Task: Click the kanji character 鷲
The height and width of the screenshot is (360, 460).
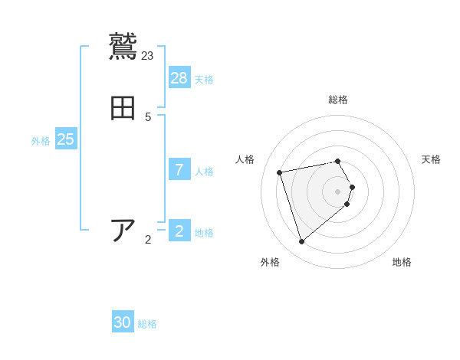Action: (x=123, y=46)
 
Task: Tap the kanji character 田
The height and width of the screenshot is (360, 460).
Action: (x=123, y=108)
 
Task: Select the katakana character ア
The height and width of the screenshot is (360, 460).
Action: (x=123, y=230)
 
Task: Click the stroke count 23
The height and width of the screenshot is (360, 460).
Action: (x=148, y=55)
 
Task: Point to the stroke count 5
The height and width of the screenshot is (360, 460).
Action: (x=148, y=117)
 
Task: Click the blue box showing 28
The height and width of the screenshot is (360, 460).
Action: (x=179, y=77)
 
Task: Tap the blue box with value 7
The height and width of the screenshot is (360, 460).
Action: (x=179, y=169)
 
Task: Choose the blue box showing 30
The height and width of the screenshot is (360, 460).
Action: (x=123, y=322)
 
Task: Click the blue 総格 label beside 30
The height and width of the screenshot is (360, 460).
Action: (x=147, y=324)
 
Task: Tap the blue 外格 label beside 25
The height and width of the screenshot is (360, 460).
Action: (x=41, y=140)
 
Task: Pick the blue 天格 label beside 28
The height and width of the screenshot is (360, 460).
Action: (x=204, y=79)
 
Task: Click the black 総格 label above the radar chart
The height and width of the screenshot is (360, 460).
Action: (x=338, y=100)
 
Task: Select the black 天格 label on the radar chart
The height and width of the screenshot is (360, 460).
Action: (x=431, y=159)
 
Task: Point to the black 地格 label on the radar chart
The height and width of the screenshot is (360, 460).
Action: (x=402, y=262)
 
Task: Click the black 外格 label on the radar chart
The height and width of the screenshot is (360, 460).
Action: (x=270, y=262)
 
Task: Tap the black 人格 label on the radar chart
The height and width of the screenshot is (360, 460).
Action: (x=245, y=159)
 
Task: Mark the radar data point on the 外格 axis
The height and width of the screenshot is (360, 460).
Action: (x=302, y=242)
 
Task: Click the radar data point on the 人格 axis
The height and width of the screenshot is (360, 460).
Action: (x=281, y=172)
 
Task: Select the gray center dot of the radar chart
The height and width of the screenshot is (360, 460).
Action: (x=338, y=191)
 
